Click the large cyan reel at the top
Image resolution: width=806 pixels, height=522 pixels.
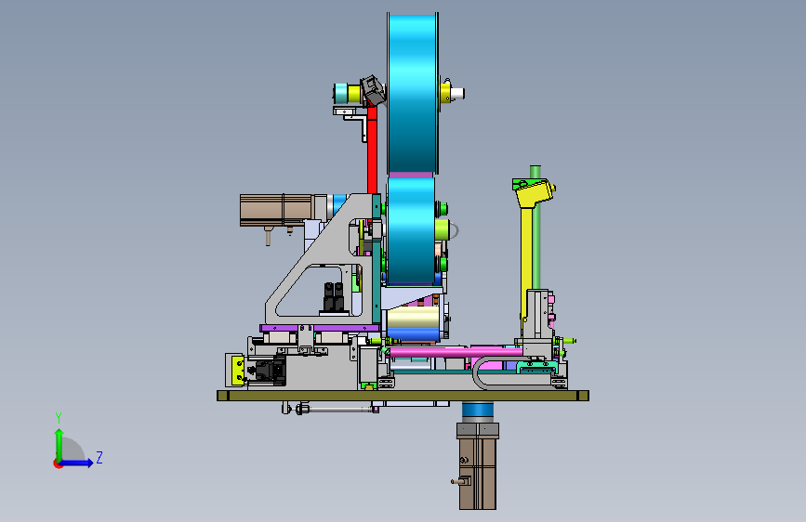[412, 94]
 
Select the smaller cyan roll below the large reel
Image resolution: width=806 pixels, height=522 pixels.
[411, 230]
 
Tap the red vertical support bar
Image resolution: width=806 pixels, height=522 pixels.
[372, 148]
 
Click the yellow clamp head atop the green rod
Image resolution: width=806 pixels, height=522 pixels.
[534, 191]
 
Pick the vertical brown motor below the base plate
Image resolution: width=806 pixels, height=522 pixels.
[478, 465]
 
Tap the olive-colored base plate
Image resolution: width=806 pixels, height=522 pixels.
[403, 396]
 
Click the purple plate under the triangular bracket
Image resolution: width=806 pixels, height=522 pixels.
[320, 328]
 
